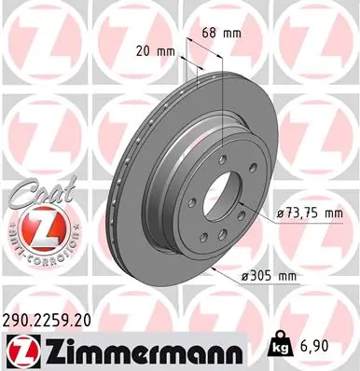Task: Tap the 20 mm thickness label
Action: (157, 51)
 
